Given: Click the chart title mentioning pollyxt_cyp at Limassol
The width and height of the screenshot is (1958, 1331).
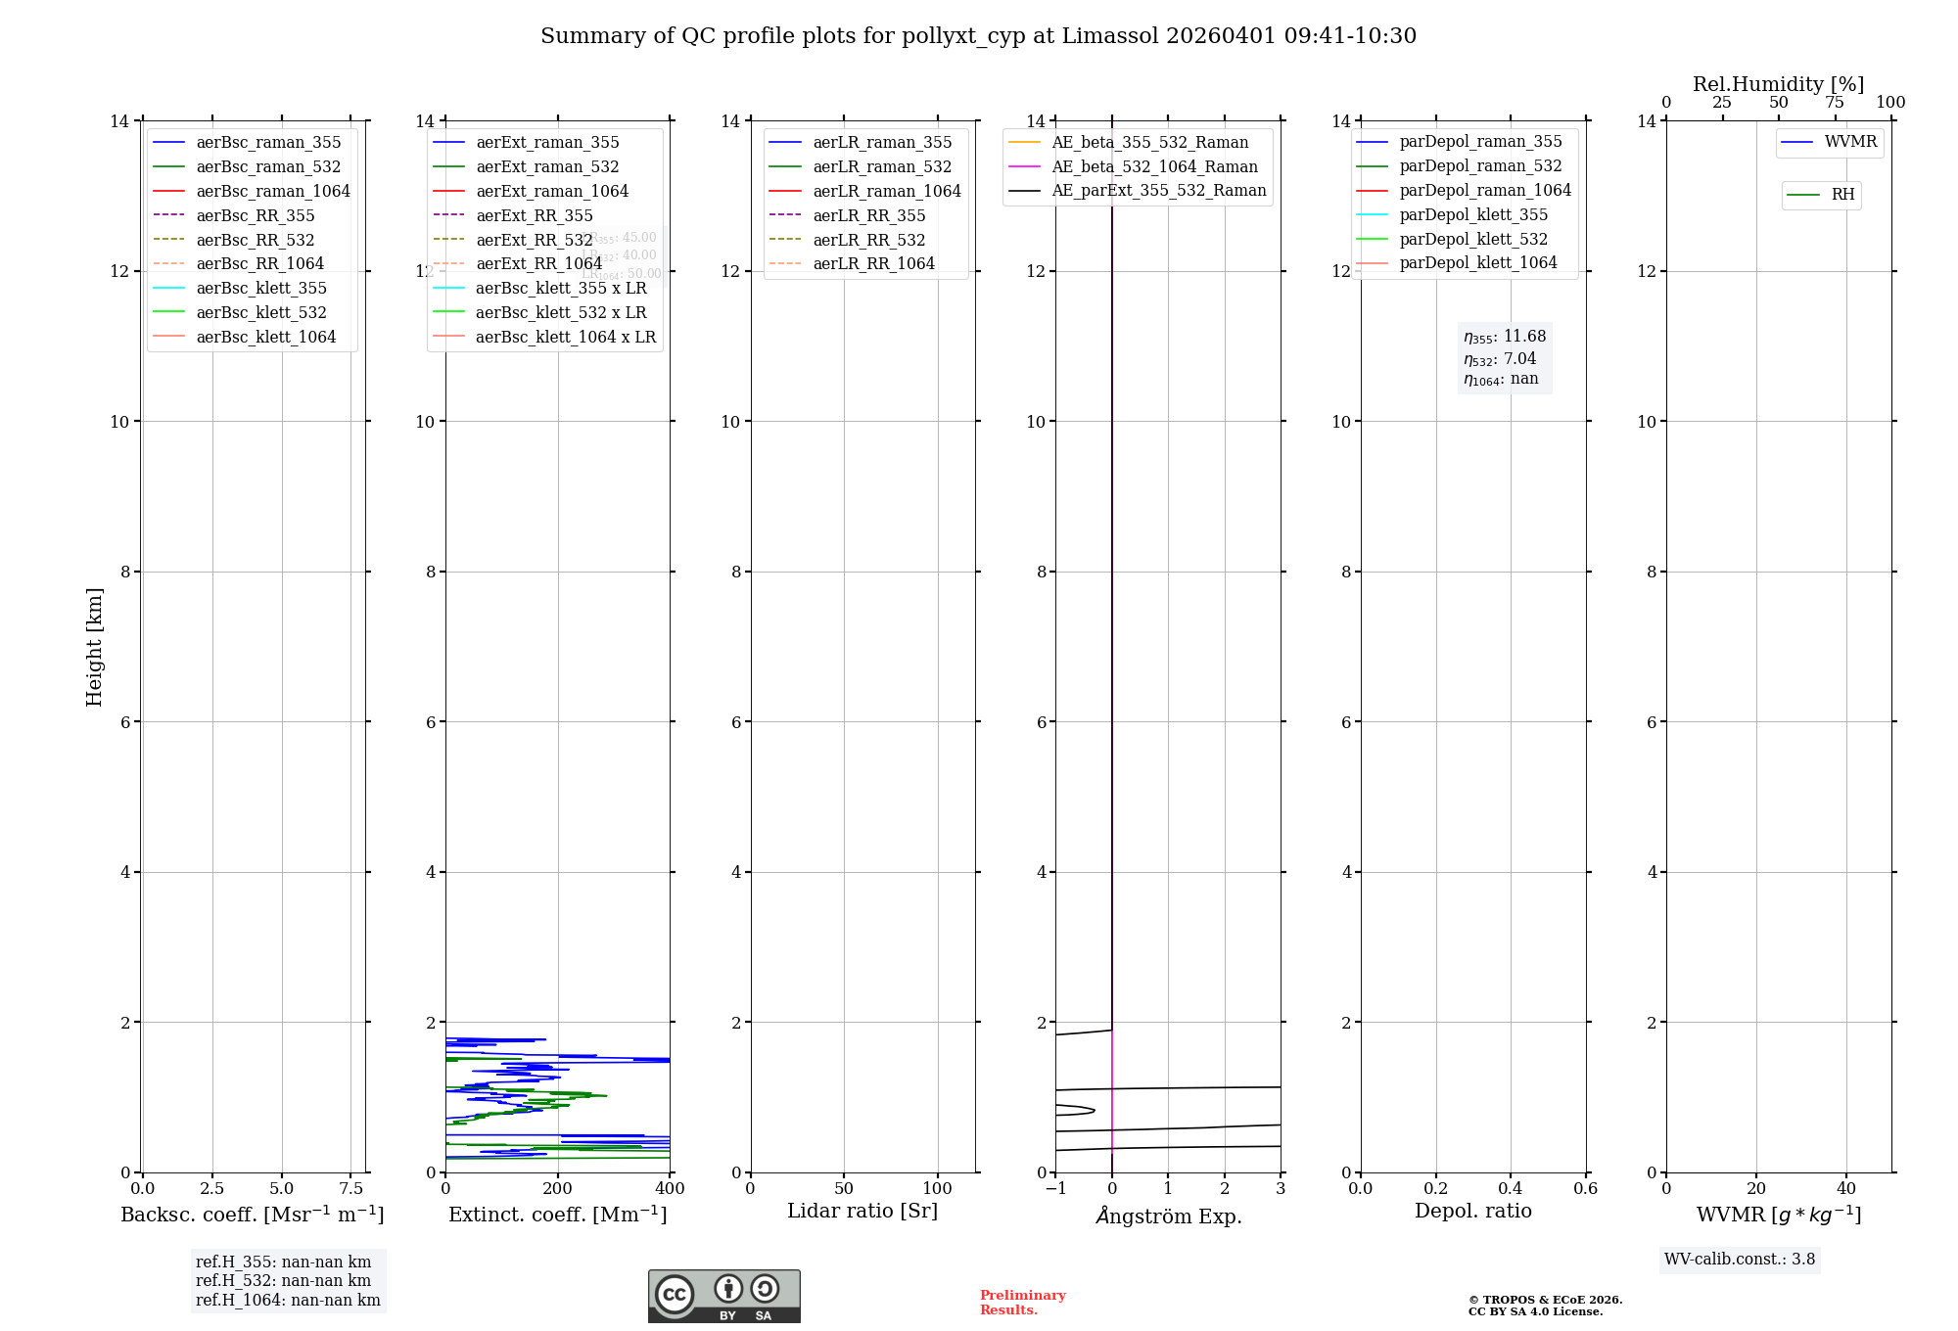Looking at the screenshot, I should pos(978,36).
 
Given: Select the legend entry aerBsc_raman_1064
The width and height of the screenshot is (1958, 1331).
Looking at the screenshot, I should pos(272,191).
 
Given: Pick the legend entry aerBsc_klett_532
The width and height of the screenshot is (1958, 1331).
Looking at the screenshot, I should pos(260,312).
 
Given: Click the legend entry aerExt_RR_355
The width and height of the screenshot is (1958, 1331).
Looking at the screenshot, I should pos(534,215).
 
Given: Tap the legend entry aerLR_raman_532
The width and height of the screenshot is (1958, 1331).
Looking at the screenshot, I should pos(881,166).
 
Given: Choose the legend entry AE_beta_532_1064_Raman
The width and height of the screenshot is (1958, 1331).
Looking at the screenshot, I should pos(1153,166).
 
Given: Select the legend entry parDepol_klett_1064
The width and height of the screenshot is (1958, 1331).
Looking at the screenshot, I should pos(1477,262).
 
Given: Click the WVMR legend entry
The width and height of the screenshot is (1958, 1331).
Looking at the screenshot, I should pos(1849,142).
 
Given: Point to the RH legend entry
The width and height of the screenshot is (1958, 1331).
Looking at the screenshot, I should pos(1841,195).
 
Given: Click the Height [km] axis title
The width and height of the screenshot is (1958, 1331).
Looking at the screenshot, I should pos(94,646).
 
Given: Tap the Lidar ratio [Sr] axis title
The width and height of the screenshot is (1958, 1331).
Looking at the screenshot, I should pos(862,1211).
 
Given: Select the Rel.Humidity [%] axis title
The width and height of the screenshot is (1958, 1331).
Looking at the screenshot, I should pos(1778,84).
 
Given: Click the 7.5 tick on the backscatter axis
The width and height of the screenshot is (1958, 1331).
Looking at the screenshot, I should pos(351,1188).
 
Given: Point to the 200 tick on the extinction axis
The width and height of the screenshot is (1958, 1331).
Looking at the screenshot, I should pos(557,1188).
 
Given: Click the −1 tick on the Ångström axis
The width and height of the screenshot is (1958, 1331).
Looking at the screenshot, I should pos(1055,1188).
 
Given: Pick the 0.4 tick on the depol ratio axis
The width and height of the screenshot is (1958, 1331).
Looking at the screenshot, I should pos(1511,1188).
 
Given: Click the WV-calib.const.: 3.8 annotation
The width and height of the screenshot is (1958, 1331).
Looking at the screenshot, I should pos(1739,1260).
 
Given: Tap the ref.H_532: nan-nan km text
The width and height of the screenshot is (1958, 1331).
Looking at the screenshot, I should pos(283,1281).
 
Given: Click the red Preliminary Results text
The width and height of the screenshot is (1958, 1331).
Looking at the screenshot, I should pos(1022,1303).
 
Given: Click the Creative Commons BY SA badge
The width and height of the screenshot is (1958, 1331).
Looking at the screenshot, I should pos(723,1296).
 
